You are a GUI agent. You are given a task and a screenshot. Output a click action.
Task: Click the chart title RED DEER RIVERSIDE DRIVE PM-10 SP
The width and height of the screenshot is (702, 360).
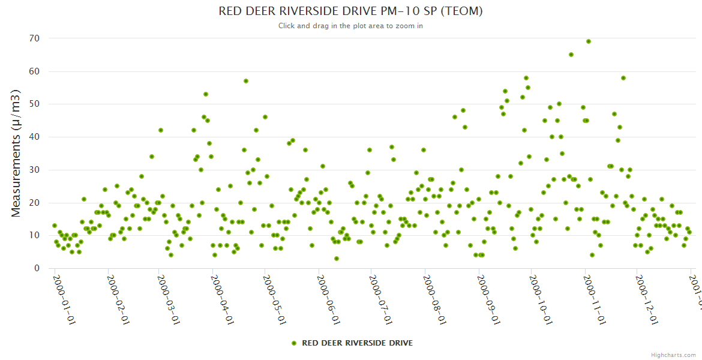coord(350,11)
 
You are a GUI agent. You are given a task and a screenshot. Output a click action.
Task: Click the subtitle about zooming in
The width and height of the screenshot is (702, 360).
coord(350,26)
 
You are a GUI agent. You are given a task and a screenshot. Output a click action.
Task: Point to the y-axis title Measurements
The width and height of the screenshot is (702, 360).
coord(16,153)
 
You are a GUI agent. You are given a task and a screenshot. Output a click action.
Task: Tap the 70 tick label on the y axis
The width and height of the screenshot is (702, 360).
coord(34,38)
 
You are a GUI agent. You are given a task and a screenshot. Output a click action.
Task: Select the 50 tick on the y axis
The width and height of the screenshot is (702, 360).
coord(34,104)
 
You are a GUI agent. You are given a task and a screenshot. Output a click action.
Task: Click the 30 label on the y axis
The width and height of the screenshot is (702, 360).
coord(34,170)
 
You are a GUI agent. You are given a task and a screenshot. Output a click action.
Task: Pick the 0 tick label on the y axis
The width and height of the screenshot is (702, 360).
coord(37,268)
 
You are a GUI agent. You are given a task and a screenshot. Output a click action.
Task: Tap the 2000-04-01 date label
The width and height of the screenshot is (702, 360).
coord(223,299)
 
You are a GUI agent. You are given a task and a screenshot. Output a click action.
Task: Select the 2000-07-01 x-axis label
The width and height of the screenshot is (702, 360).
coord(382,299)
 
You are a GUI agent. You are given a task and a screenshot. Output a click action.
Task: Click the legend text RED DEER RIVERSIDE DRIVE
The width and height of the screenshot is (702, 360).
coord(357,343)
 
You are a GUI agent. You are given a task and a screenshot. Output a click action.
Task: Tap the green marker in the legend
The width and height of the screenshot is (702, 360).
coord(294,343)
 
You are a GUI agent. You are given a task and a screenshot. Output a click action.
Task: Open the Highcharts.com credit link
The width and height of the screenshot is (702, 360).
coord(674,355)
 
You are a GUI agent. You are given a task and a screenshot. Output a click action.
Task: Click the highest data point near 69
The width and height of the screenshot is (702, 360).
coord(589,41)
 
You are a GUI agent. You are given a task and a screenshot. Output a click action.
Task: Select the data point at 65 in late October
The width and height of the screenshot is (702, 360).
coord(571,55)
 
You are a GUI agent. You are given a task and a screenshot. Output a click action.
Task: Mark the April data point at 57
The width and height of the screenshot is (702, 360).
coord(246,81)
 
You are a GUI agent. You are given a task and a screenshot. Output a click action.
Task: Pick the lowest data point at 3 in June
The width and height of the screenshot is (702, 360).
coord(337,259)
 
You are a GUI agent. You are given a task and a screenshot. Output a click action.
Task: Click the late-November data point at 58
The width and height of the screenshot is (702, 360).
coord(623,78)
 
